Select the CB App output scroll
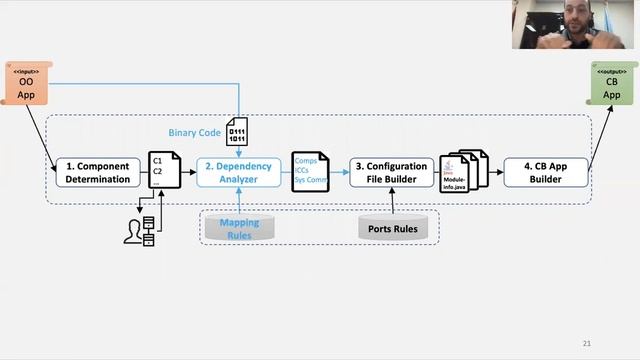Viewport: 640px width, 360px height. tap(612, 84)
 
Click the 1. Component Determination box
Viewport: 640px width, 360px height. tap(98, 173)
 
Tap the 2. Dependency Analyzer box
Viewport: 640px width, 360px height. tap(238, 173)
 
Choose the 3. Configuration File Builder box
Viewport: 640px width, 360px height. tap(391, 173)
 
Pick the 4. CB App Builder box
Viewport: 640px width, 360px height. tap(545, 173)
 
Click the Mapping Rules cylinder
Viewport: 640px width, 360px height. tap(238, 227)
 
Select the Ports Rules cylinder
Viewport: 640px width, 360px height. tap(393, 227)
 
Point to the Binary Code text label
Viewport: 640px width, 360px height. tap(194, 132)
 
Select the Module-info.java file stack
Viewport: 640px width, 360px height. tap(462, 172)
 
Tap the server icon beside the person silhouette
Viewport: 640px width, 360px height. tap(149, 231)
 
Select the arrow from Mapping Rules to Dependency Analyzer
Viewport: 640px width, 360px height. tap(238, 201)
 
